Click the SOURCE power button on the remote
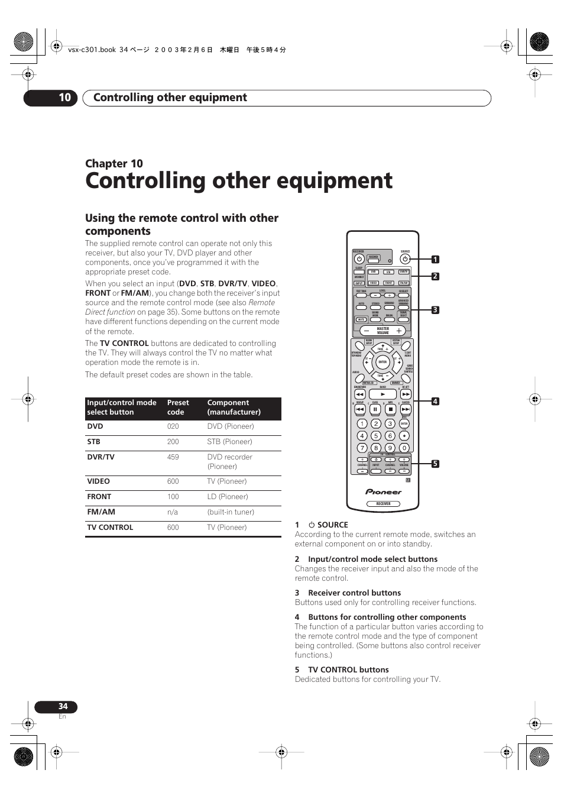(x=405, y=259)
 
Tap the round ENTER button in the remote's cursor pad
(x=383, y=362)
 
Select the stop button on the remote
(x=390, y=409)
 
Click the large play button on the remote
(x=383, y=394)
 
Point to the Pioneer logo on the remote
(x=383, y=491)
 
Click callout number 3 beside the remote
(x=435, y=310)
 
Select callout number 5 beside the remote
(x=435, y=464)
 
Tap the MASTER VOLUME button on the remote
(x=383, y=331)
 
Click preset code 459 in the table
(x=173, y=457)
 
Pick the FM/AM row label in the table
(x=101, y=512)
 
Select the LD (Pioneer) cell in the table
(x=228, y=497)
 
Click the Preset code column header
(x=177, y=407)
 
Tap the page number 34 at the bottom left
(x=63, y=706)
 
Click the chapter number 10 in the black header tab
(x=64, y=98)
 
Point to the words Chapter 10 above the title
(x=114, y=164)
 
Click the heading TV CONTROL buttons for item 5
(x=348, y=670)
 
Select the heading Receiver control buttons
(x=354, y=593)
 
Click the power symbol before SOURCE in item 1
(x=312, y=525)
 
